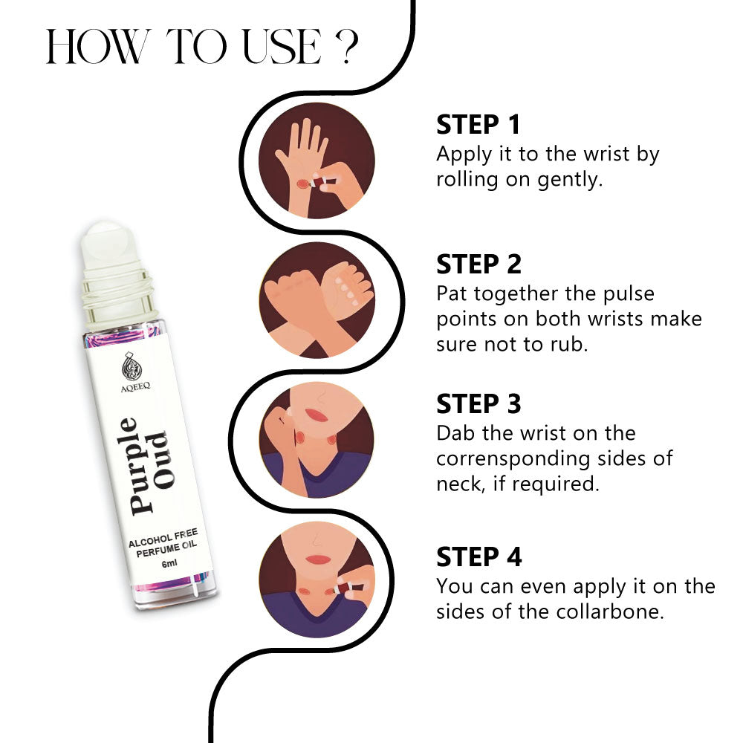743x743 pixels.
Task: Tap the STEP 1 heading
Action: (478, 125)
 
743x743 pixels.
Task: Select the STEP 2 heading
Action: (478, 264)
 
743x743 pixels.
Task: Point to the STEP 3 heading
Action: (478, 403)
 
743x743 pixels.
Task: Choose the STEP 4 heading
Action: (479, 557)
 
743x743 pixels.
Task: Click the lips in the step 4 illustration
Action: (318, 559)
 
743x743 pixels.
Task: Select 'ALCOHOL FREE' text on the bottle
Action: (163, 538)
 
